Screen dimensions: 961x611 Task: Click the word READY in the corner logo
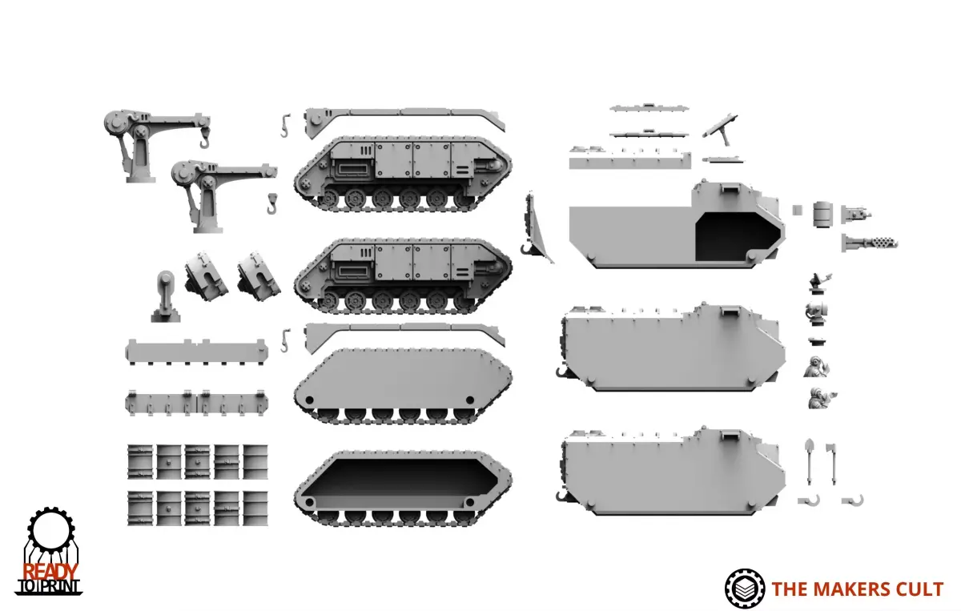pyautogui.click(x=50, y=572)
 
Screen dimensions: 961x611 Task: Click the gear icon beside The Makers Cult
pyautogui.click(x=744, y=589)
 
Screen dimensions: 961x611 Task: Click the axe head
pyautogui.click(x=831, y=448)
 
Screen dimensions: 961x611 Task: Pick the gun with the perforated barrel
pyautogui.click(x=869, y=243)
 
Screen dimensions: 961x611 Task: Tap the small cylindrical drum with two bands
pyautogui.click(x=822, y=214)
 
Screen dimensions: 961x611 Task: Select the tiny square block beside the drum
pyautogui.click(x=797, y=211)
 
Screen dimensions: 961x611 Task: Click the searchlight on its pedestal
pyautogui.click(x=816, y=312)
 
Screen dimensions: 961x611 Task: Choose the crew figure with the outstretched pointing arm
pyautogui.click(x=821, y=398)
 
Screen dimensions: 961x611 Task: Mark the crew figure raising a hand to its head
pyautogui.click(x=816, y=367)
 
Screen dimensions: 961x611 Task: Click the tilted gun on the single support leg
pyautogui.click(x=721, y=128)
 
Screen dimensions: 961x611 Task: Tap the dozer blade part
pyautogui.click(x=537, y=228)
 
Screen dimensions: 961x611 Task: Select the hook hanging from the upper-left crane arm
pyautogui.click(x=205, y=140)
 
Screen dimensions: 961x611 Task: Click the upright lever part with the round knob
pyautogui.click(x=166, y=296)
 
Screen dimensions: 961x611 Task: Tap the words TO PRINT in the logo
pyautogui.click(x=49, y=586)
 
